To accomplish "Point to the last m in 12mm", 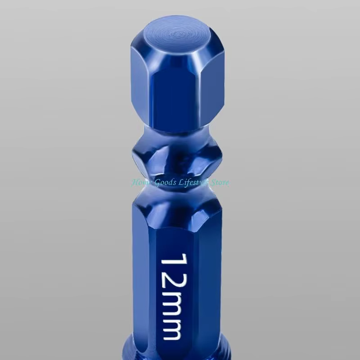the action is coord(172,329).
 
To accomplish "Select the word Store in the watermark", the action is coord(220,183).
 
